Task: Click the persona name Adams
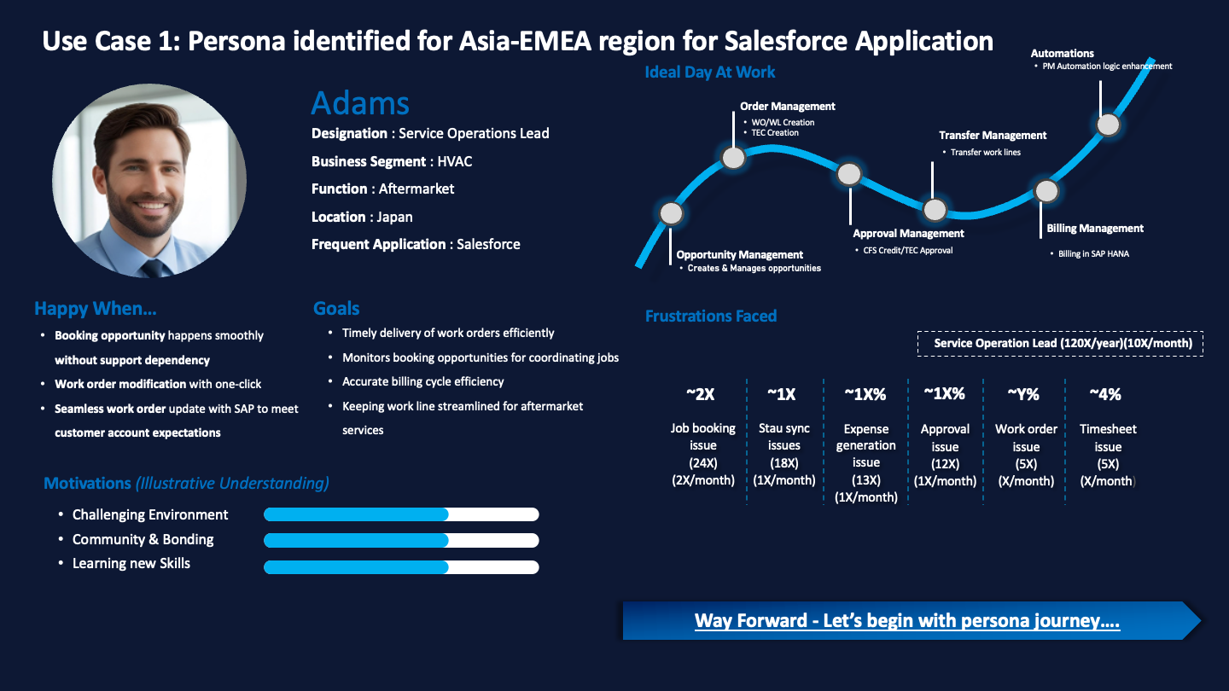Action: pos(360,103)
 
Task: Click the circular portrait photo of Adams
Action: pos(149,180)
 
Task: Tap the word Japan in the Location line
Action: pos(394,217)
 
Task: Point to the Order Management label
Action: pos(787,107)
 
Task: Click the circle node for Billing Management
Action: pos(1046,190)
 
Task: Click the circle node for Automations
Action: pos(1108,125)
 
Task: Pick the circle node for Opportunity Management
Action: pos(672,212)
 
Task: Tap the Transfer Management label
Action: pos(993,135)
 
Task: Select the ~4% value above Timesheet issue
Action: pos(1105,394)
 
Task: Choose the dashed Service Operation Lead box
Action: pos(1060,343)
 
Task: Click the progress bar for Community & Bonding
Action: pos(401,540)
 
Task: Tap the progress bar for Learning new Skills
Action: pos(401,567)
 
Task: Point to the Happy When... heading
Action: pos(96,309)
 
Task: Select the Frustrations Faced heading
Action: pos(711,316)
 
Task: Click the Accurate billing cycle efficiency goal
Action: pos(422,381)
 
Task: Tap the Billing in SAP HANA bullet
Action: pos(1092,253)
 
